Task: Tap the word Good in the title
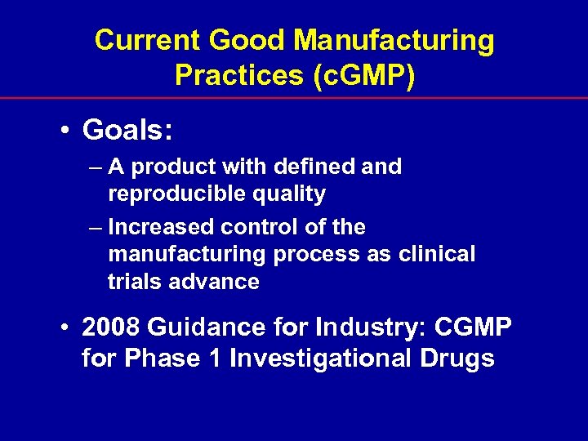click(238, 41)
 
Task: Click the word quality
click(297, 194)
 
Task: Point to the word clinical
click(437, 255)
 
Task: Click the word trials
click(131, 283)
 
